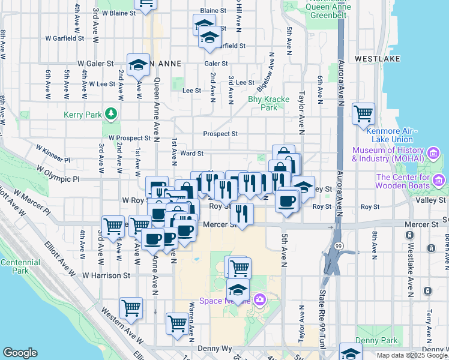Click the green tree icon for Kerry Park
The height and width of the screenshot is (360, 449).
pyautogui.click(x=110, y=113)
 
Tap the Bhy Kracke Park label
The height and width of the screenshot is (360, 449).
pyautogui.click(x=269, y=103)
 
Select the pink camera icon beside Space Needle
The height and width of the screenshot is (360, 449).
pyautogui.click(x=259, y=299)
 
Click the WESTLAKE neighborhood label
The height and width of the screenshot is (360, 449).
pyautogui.click(x=373, y=59)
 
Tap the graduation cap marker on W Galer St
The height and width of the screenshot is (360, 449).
pyautogui.click(x=138, y=64)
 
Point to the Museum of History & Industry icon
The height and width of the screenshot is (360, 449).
pyautogui.click(x=433, y=154)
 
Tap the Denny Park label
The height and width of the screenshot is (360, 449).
pyautogui.click(x=376, y=340)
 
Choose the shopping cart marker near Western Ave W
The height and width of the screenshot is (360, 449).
pyautogui.click(x=131, y=308)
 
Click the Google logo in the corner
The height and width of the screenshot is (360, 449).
pyautogui.click(x=20, y=352)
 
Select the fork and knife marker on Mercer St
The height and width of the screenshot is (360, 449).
pyautogui.click(x=241, y=214)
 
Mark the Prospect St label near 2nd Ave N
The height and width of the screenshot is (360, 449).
pyautogui.click(x=220, y=134)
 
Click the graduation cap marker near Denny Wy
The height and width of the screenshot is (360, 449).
pyautogui.click(x=351, y=353)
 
